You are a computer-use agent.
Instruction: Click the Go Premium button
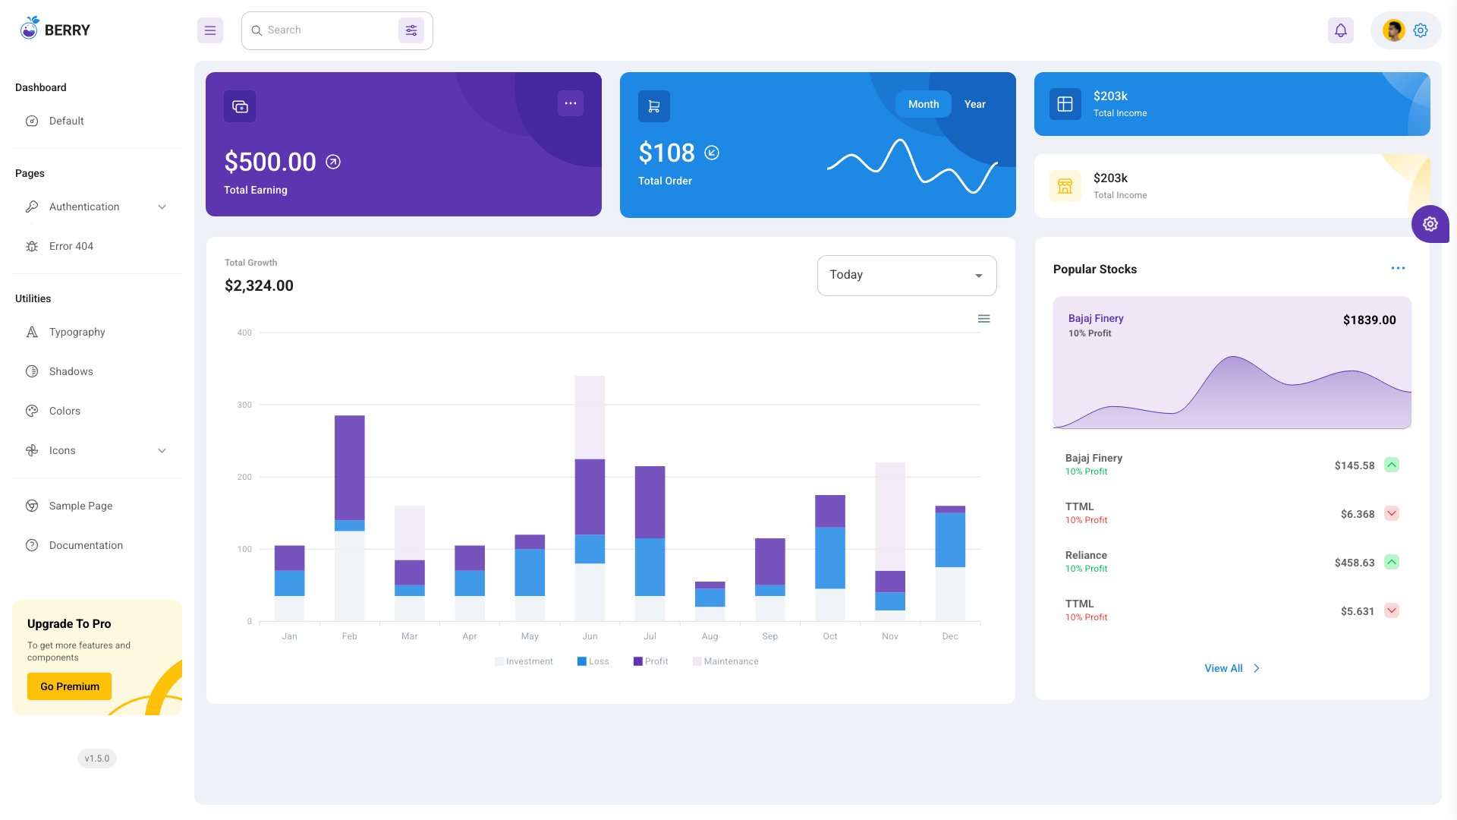click(69, 686)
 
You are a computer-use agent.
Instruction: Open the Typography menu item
click(77, 332)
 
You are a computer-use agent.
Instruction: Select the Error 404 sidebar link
click(71, 246)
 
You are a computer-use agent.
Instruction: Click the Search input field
click(326, 30)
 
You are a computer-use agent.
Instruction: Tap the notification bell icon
click(1340, 30)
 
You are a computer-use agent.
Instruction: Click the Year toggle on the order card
click(974, 104)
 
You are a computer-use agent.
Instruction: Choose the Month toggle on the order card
click(923, 104)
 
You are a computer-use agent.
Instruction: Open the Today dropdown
click(906, 275)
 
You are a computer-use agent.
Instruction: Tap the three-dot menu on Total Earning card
click(570, 103)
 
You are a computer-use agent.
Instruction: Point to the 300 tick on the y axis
click(244, 405)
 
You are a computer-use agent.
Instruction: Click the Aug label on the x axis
click(710, 636)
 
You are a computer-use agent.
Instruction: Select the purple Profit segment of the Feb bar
click(349, 467)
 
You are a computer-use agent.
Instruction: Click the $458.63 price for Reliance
click(1354, 563)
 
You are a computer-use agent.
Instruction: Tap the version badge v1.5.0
click(96, 758)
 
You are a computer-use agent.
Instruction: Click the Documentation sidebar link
click(86, 545)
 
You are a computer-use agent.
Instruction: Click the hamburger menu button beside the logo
click(210, 30)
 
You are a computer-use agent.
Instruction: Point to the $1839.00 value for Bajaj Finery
click(1369, 320)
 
